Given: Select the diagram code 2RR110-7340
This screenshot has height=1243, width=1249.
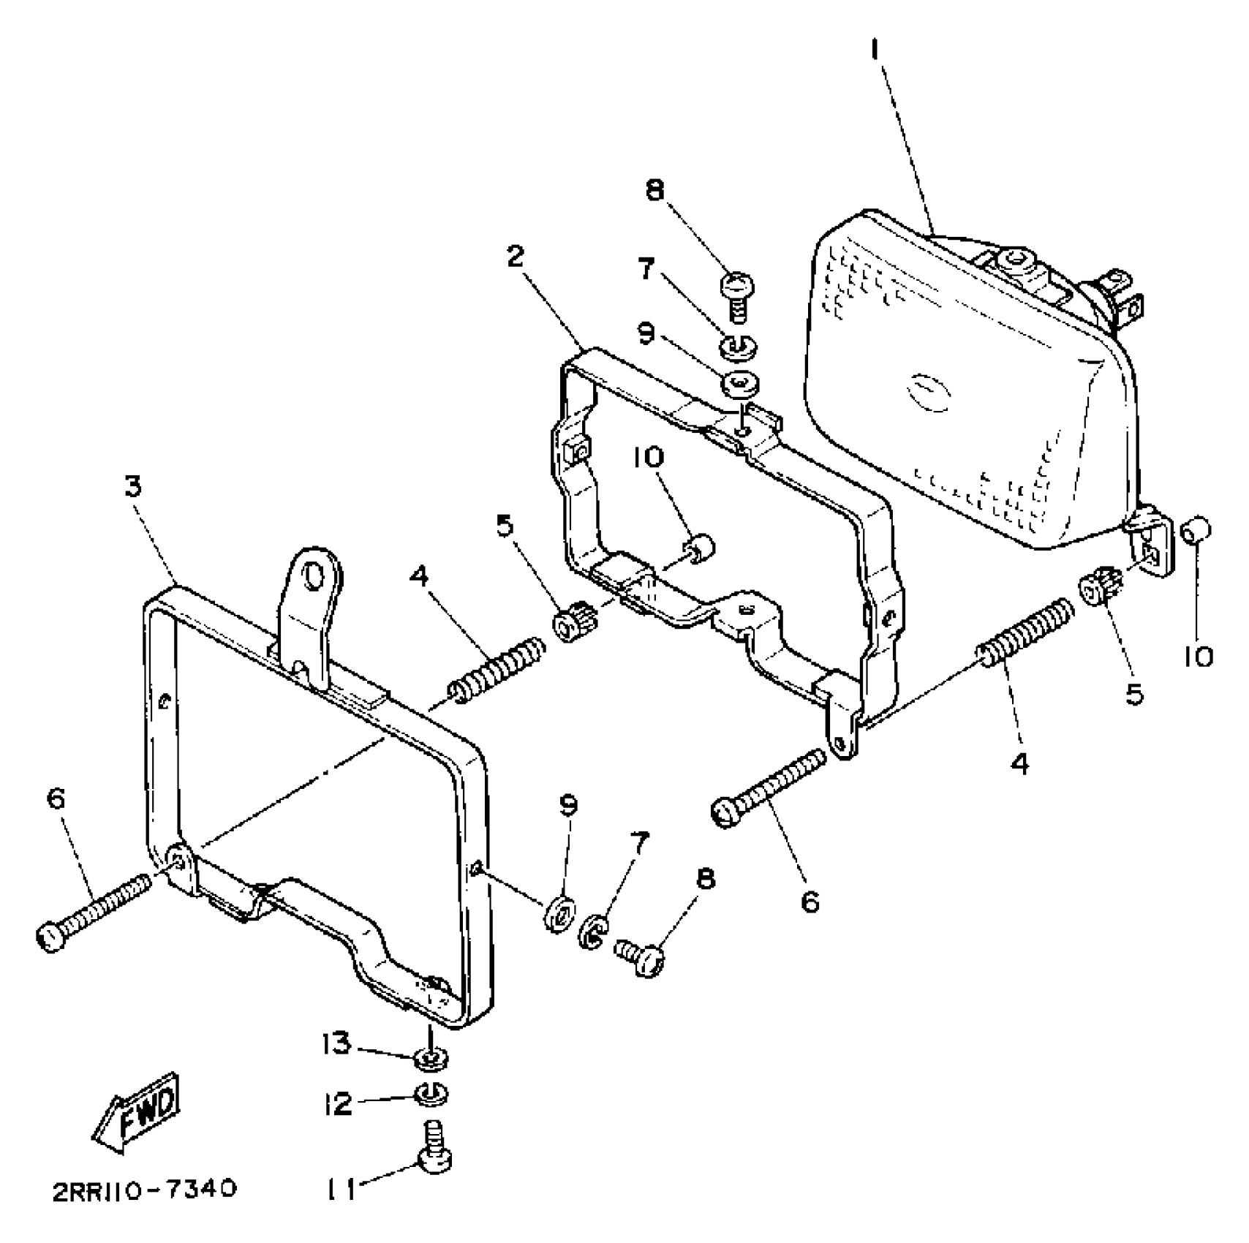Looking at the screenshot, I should point(144,1190).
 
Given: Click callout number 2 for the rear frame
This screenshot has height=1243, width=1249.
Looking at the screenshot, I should point(516,257).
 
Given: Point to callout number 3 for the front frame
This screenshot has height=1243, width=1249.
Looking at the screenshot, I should point(132,486).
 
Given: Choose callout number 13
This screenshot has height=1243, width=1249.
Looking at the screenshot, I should point(338,1043).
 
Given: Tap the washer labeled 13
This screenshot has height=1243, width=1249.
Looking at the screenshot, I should point(431,1057).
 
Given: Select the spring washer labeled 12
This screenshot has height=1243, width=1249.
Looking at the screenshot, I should point(431,1095).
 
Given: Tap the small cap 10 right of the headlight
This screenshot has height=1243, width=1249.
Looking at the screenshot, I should point(1197,528).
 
